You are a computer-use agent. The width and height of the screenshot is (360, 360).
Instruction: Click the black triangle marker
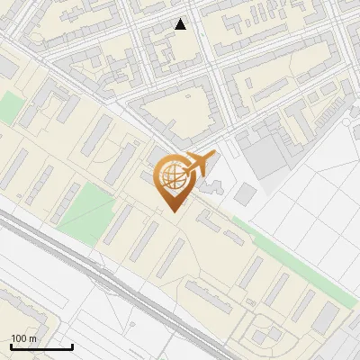(181, 24)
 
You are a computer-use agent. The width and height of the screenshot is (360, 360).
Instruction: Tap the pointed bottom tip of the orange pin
(171, 211)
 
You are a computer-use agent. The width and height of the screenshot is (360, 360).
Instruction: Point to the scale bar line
(40, 346)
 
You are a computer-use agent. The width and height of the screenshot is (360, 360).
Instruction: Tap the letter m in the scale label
(32, 338)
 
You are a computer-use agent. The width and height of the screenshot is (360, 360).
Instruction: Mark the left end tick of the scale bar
(10, 345)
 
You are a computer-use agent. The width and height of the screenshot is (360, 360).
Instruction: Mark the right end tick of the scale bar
(72, 345)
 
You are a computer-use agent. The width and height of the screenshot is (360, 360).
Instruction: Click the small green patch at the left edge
(9, 108)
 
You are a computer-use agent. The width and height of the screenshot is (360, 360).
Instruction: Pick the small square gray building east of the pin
(244, 193)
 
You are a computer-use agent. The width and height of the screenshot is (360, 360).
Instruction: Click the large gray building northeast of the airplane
(261, 153)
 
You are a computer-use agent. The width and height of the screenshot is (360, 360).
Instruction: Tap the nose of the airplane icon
(211, 156)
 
